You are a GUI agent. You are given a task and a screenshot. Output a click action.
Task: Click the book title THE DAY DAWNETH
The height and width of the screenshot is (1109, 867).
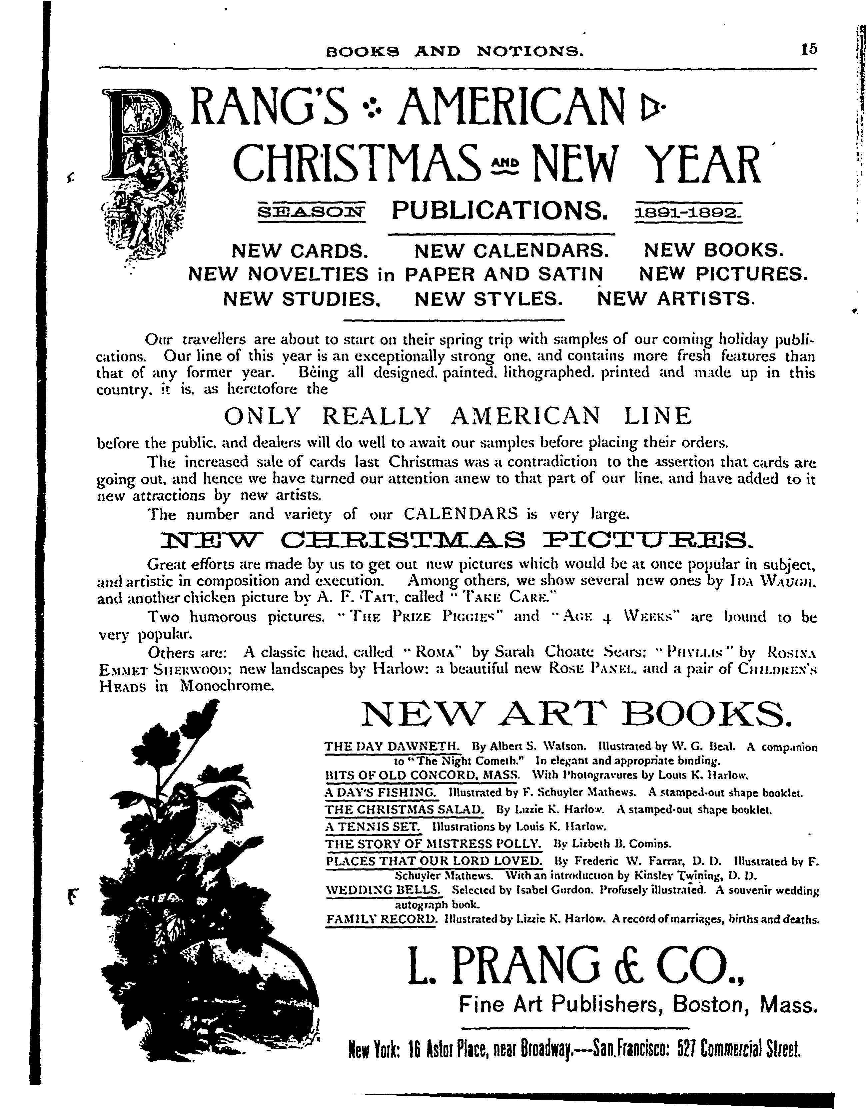392,747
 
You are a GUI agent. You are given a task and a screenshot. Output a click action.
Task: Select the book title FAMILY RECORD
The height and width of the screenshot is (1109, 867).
381,919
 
